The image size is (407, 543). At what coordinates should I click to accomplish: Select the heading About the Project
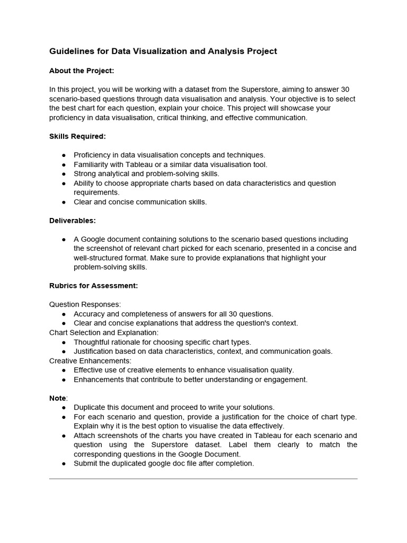82,71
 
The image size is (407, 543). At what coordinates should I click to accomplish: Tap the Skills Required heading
77,136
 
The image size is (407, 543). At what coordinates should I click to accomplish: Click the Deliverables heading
73,220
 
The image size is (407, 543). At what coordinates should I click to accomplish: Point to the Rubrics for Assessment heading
93,286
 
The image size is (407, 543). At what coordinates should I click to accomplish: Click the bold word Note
58,398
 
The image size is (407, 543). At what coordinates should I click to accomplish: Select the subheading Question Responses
85,304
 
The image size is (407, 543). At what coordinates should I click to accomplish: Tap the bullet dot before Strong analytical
64,174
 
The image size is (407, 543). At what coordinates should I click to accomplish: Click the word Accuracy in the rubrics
90,314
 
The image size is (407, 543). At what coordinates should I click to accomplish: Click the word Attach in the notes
84,435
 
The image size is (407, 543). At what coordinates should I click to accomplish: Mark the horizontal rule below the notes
203,479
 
